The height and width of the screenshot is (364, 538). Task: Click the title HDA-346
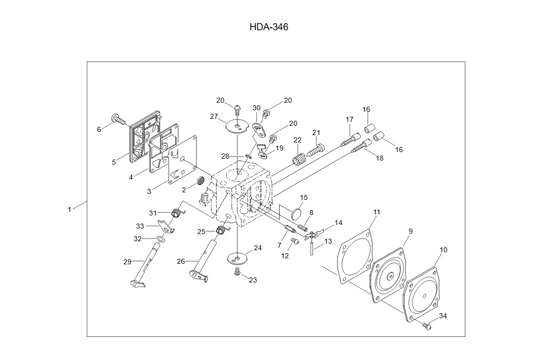[x=268, y=27]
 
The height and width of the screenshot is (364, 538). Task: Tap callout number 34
[x=443, y=316]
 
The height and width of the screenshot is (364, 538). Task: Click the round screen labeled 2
[x=200, y=180]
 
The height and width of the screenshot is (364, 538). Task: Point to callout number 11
[x=377, y=212]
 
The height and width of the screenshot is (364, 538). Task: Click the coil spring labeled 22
[x=299, y=161]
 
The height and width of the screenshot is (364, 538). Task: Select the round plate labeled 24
[x=236, y=259]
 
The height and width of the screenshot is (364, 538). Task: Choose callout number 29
[x=127, y=262]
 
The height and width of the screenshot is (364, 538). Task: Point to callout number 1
[x=70, y=209]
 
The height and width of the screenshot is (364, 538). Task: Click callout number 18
[x=379, y=158]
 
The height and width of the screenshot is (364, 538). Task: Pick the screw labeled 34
[x=428, y=326]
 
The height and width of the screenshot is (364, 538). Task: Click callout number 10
[x=443, y=250]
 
